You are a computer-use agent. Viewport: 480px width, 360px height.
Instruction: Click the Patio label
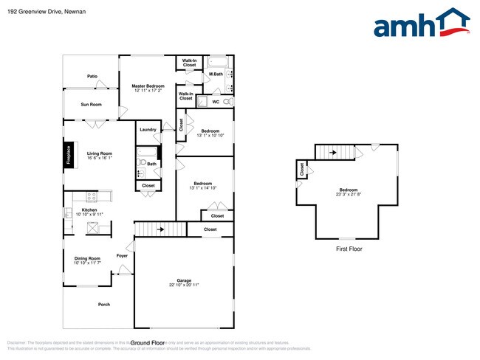(92, 76)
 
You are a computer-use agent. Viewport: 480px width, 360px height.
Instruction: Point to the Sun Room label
(91, 104)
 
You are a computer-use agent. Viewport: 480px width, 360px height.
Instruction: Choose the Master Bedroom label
(148, 86)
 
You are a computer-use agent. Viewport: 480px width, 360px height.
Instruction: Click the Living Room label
(99, 153)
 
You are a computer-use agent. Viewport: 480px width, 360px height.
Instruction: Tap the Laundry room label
(148, 130)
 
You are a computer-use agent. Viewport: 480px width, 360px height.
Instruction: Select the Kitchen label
(89, 210)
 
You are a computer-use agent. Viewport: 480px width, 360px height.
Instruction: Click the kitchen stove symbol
(92, 197)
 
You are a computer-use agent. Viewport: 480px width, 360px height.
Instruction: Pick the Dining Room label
(87, 258)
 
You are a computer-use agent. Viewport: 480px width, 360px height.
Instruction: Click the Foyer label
(122, 256)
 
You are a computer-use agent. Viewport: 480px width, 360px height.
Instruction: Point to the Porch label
(104, 305)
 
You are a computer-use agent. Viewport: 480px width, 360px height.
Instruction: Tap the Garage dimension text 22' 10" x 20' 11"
(184, 285)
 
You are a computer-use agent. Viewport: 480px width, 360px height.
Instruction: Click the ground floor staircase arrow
(160, 229)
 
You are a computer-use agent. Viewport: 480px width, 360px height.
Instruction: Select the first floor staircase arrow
(333, 153)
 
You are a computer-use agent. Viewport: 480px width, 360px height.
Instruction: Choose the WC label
(216, 102)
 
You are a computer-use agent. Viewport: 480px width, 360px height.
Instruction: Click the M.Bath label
(216, 74)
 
